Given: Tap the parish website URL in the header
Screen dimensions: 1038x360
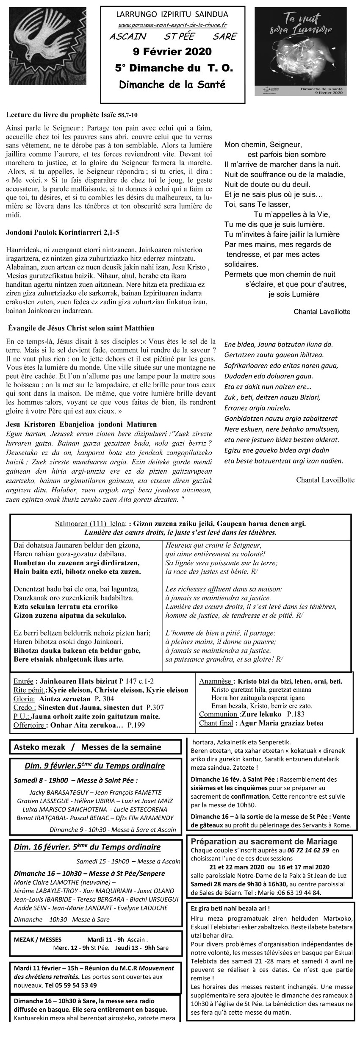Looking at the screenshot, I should tap(172, 25).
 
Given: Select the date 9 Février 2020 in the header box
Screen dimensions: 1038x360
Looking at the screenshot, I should tap(172, 52).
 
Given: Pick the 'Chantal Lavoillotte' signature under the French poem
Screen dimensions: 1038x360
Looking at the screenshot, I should tap(322, 312).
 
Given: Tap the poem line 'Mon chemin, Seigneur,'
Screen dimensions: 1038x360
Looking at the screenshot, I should tap(263, 144).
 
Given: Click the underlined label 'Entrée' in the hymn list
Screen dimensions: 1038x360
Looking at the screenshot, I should tap(23, 682).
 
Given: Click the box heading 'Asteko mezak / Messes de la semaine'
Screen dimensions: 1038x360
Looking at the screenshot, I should tap(87, 747).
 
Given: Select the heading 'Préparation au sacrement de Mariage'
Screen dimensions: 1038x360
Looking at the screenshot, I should tap(264, 841).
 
